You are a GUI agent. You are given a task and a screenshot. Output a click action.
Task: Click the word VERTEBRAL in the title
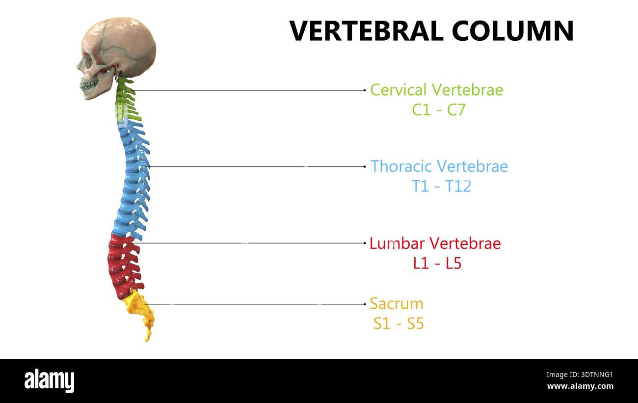click(x=367, y=31)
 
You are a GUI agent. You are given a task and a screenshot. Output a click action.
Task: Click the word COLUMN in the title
click(x=513, y=31)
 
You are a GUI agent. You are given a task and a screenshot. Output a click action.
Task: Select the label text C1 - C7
click(x=439, y=109)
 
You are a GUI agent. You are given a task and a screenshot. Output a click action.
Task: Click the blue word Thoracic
click(x=402, y=166)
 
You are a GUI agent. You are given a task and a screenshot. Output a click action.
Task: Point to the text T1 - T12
click(x=441, y=186)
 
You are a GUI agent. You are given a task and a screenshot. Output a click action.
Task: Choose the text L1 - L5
click(x=437, y=263)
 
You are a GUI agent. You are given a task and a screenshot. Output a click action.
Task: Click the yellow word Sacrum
click(x=397, y=304)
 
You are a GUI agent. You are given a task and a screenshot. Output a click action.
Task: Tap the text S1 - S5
click(x=399, y=323)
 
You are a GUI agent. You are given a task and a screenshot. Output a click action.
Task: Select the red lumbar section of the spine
click(x=124, y=266)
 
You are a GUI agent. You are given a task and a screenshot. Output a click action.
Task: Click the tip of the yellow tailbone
click(x=147, y=341)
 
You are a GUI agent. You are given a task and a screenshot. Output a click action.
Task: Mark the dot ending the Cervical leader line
click(x=365, y=90)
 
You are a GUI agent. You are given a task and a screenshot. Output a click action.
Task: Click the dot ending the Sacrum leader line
click(x=365, y=304)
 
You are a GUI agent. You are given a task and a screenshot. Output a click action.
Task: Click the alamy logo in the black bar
click(x=49, y=380)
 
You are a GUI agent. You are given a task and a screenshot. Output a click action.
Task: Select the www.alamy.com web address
click(x=580, y=386)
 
